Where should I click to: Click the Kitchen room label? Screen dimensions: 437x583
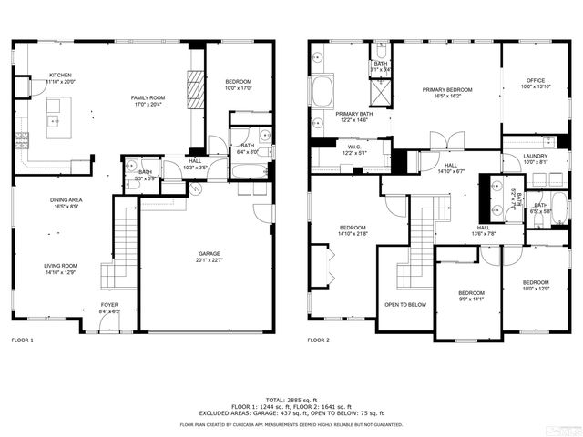[60, 79]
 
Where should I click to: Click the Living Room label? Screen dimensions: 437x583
[60, 269]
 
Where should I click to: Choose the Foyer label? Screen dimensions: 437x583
[109, 308]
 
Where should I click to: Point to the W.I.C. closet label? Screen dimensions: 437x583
[330, 150]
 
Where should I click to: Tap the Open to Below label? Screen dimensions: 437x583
[405, 304]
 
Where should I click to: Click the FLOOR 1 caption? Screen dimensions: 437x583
[22, 340]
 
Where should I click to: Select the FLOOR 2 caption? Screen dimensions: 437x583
[318, 340]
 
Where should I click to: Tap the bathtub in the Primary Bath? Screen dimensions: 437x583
[323, 91]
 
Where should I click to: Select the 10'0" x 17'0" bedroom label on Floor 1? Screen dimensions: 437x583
[239, 86]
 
